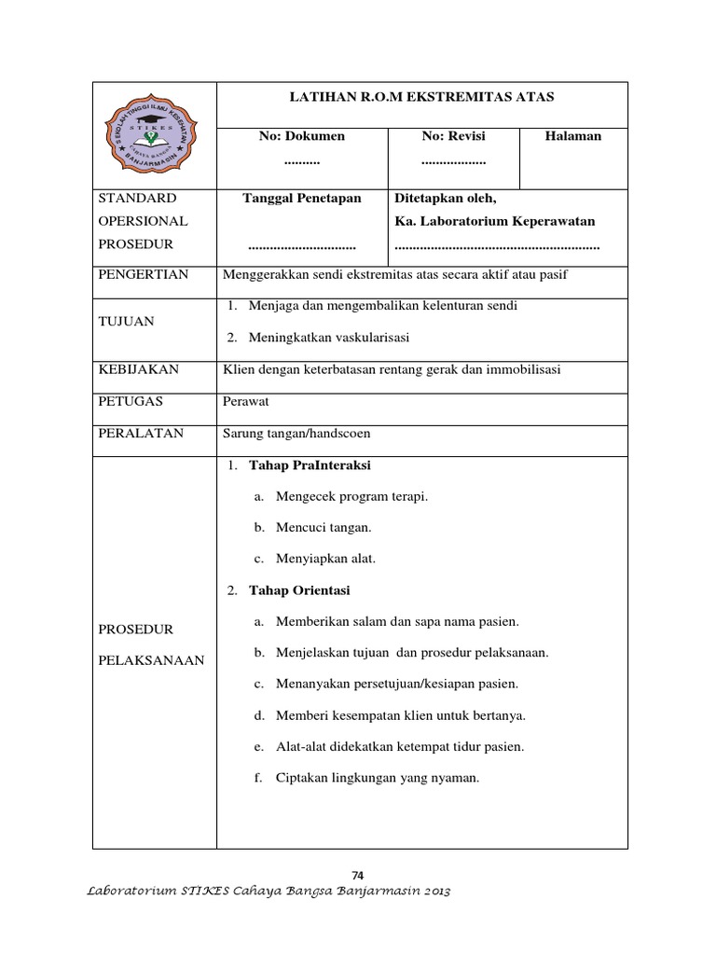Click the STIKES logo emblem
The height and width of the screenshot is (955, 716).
(x=155, y=134)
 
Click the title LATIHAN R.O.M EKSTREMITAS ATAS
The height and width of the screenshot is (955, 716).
(x=422, y=97)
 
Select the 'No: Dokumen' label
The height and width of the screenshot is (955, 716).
(x=301, y=136)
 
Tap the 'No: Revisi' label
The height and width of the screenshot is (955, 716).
(x=453, y=136)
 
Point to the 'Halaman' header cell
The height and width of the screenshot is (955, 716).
(x=573, y=136)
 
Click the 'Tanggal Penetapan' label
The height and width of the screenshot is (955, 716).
(x=301, y=199)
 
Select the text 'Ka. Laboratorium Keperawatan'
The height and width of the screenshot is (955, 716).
(x=495, y=221)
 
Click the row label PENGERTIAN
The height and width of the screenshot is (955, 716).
(x=144, y=274)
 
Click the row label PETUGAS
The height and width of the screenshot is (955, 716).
(x=131, y=401)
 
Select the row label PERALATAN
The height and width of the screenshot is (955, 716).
(x=141, y=433)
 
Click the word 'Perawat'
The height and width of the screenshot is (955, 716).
(x=244, y=401)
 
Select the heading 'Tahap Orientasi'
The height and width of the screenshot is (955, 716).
(x=299, y=590)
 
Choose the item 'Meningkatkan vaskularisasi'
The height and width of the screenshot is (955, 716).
(x=328, y=337)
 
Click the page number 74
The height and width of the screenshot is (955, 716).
(x=358, y=874)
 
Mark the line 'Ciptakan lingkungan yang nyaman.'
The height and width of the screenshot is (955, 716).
(x=377, y=778)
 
